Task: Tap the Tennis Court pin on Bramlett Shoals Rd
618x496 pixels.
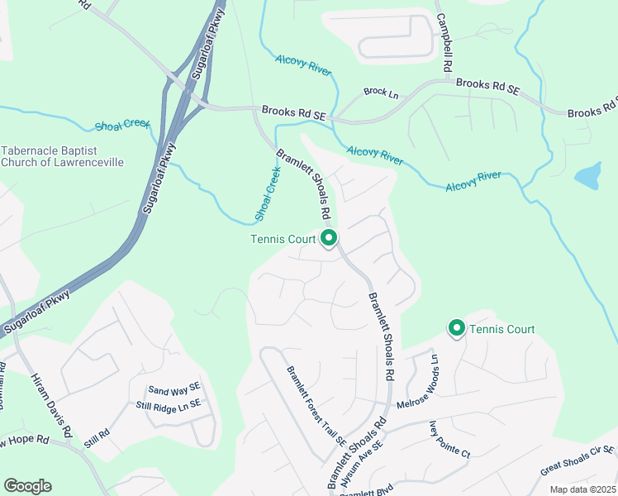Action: point(329,240)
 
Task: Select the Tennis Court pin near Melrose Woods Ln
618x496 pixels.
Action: point(456,328)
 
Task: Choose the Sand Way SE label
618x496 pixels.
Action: point(174,389)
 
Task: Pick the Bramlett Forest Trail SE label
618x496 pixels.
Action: point(316,407)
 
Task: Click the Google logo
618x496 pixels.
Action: point(27,486)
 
